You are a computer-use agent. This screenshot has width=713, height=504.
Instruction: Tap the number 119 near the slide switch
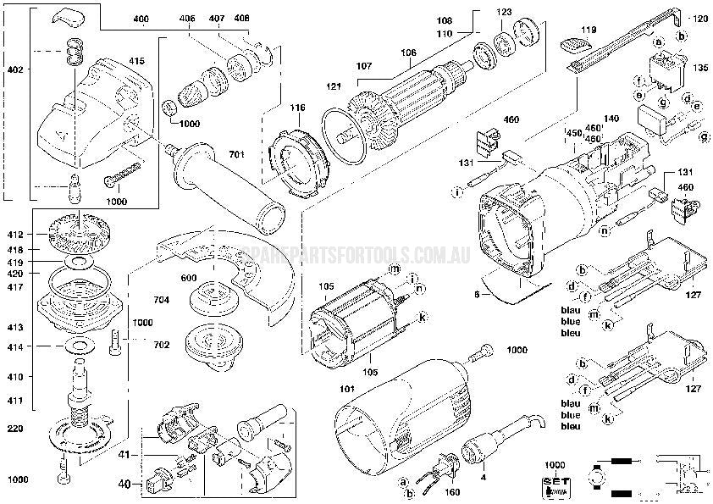click(589, 30)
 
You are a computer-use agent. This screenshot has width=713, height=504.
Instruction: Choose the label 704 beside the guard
click(161, 300)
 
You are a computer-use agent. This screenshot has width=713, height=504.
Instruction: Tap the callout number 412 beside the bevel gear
click(16, 233)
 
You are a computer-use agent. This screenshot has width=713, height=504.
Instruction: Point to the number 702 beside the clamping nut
click(162, 345)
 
